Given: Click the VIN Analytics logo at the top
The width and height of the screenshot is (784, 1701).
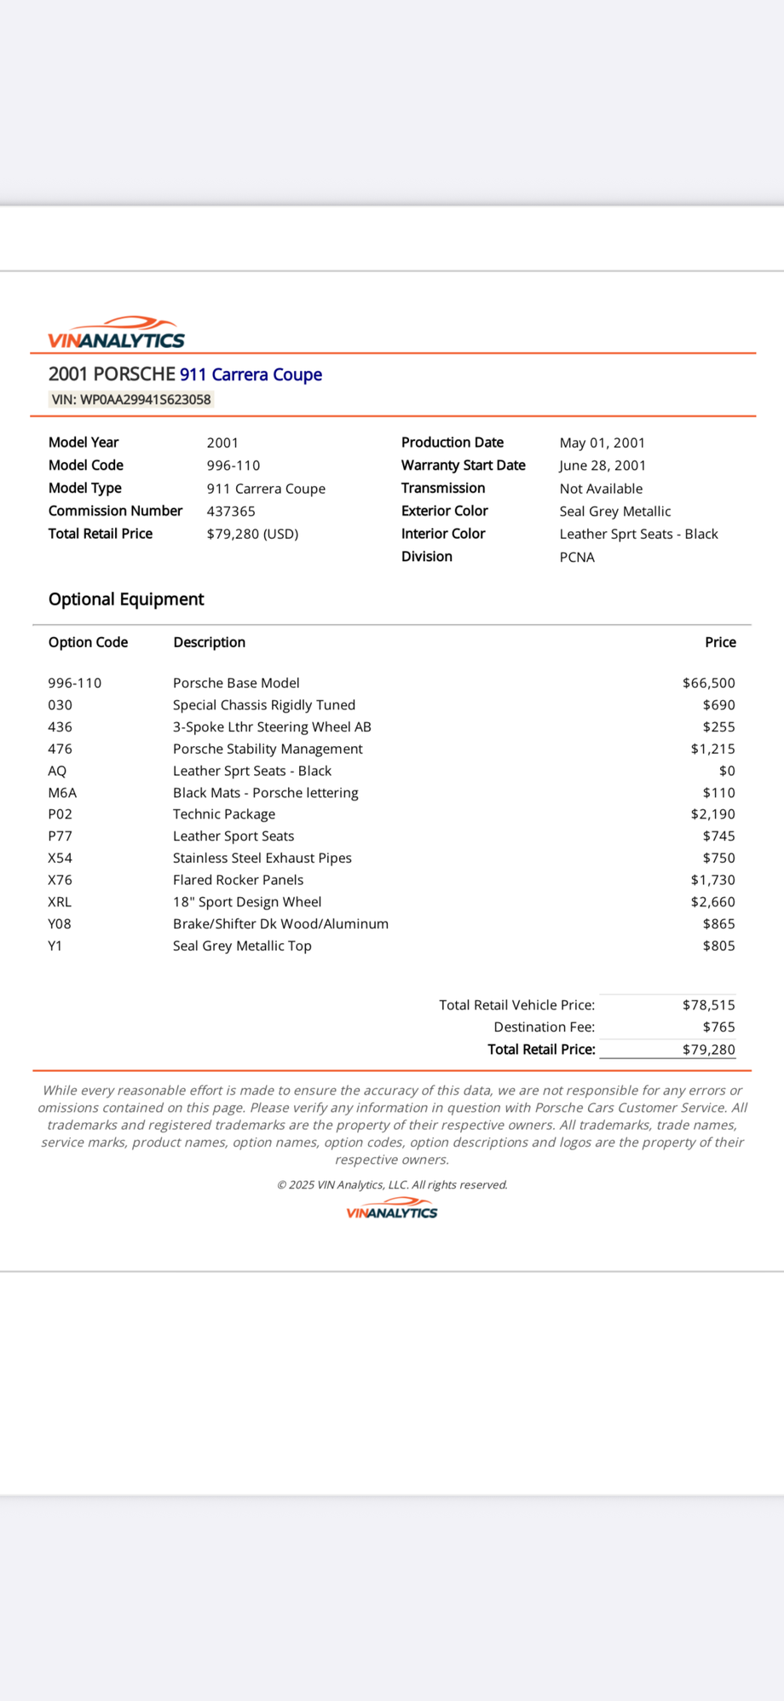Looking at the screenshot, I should click(116, 333).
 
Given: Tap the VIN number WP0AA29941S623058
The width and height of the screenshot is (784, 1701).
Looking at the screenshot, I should click(131, 399).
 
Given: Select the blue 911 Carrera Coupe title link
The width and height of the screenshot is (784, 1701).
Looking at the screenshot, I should click(251, 374).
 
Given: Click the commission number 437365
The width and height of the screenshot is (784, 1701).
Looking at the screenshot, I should click(231, 511).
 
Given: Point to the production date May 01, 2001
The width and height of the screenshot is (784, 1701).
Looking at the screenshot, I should click(602, 443).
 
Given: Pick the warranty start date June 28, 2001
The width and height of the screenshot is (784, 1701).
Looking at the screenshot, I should click(602, 466).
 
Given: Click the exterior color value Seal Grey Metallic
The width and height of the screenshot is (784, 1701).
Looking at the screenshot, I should click(614, 511).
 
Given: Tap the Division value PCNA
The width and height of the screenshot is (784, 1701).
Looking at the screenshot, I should click(577, 557).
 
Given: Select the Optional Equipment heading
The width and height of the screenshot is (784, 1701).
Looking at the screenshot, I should click(126, 599).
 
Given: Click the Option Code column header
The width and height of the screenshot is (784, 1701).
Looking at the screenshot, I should click(88, 642).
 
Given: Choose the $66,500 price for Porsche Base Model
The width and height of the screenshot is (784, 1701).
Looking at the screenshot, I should click(708, 683).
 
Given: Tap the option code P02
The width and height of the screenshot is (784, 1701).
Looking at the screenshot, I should click(61, 814).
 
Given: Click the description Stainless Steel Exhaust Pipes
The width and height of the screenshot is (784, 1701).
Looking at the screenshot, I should click(262, 858).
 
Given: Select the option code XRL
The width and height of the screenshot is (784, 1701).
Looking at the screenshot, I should click(60, 902).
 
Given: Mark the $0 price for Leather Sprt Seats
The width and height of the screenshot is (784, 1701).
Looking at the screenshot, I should click(726, 771).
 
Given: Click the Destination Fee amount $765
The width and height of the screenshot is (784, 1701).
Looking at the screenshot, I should click(718, 1027).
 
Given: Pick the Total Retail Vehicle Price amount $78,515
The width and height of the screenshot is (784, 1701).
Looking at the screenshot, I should click(708, 1005).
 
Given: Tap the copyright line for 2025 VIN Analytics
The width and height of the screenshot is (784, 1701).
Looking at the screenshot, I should click(392, 1184).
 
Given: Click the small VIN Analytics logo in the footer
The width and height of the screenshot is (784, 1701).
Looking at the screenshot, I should click(392, 1210).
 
